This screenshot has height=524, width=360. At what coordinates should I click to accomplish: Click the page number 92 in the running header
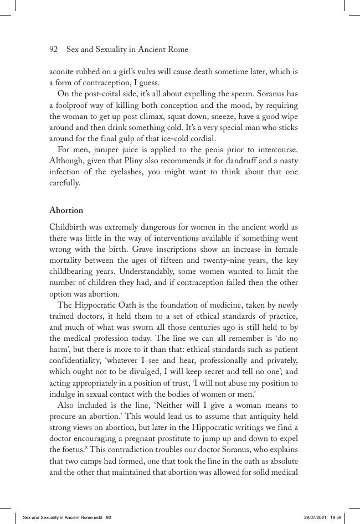pyautogui.click(x=54, y=50)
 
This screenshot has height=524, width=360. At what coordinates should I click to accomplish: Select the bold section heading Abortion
pyautogui.click(x=66, y=210)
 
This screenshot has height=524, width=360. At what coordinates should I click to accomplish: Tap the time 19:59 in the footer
pyautogui.click(x=336, y=517)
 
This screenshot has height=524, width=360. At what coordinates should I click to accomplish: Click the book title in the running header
pyautogui.click(x=127, y=50)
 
